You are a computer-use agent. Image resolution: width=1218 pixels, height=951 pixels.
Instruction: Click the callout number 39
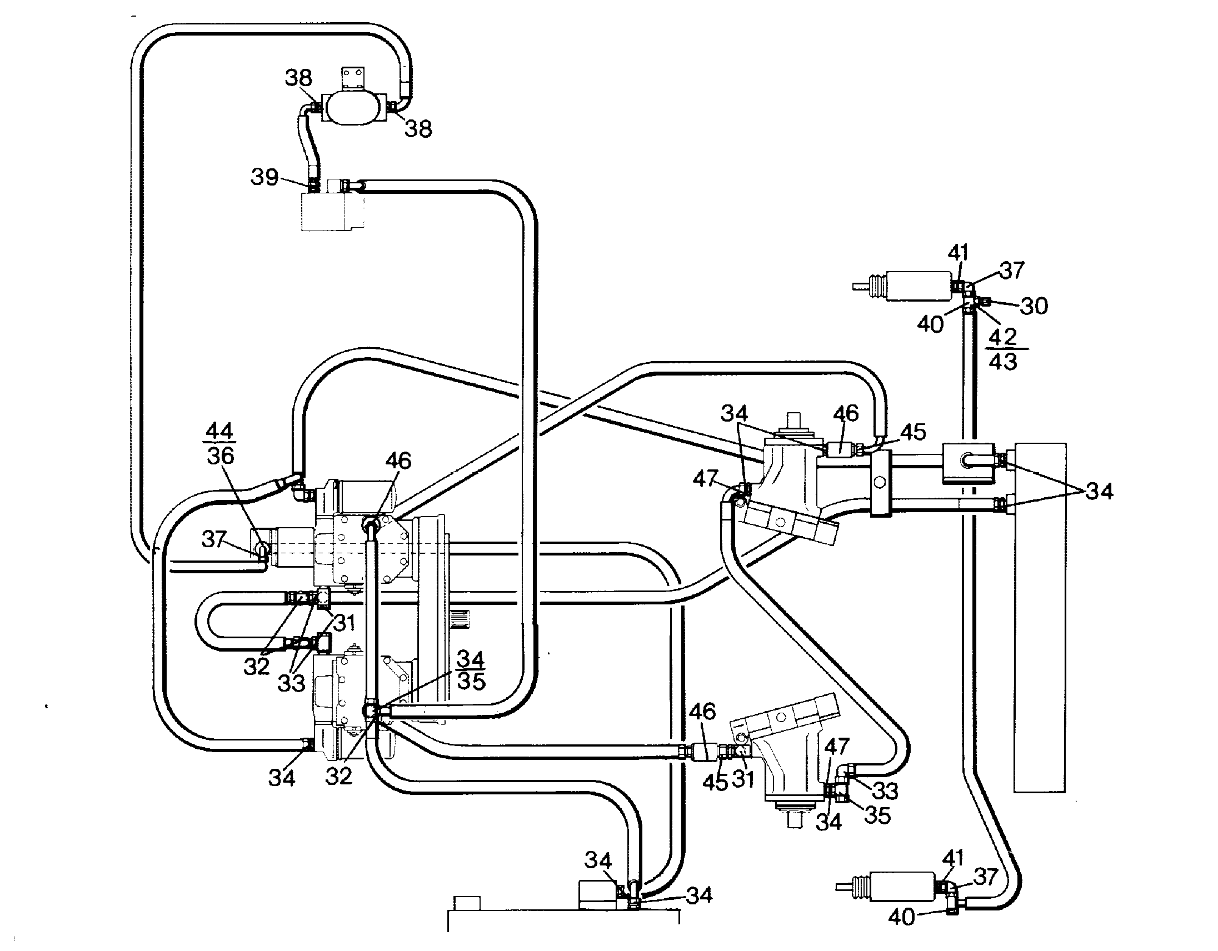coord(264,177)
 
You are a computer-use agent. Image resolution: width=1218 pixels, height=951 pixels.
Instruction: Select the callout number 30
coord(1034,306)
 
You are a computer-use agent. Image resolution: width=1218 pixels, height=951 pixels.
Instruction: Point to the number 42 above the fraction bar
coord(1003,337)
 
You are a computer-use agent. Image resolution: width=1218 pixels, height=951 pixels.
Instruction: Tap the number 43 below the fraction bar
coord(1003,361)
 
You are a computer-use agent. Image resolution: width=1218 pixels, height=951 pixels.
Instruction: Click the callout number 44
coord(219,431)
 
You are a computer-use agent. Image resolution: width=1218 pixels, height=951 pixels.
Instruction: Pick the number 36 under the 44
coord(220,456)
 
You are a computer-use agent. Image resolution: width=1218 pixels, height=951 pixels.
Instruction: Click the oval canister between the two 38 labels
coord(353,107)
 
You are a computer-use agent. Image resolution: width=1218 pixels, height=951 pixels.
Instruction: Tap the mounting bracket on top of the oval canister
coord(353,78)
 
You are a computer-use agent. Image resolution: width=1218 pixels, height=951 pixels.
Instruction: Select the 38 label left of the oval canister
coord(298,77)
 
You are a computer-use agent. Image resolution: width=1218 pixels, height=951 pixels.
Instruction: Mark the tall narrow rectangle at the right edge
coord(1040,617)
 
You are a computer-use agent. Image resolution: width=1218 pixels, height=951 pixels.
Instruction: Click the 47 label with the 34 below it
coord(836,747)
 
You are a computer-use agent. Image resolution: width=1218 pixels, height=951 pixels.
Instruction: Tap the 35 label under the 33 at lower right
coord(877,815)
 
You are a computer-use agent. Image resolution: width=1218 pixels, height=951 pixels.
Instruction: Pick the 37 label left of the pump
coord(214,539)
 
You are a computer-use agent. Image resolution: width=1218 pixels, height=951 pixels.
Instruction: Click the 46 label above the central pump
coord(398,461)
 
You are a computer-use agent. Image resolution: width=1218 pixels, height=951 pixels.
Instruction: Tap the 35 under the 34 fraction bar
coord(471,680)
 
